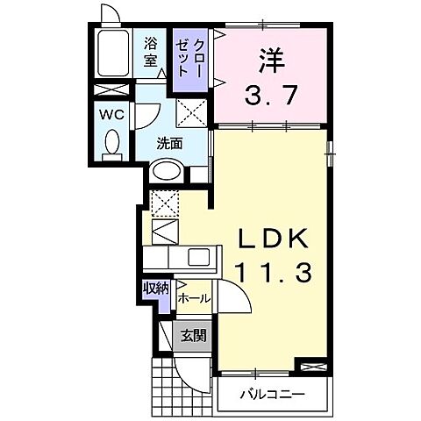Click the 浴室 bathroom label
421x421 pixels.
coord(150,52)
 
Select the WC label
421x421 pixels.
coord(111,113)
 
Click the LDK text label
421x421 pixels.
coord(272,239)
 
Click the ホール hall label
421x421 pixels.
coord(194,298)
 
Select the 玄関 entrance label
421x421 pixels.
coord(193,335)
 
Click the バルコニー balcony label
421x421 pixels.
coord(273,395)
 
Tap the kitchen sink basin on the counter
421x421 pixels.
coord(198,258)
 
